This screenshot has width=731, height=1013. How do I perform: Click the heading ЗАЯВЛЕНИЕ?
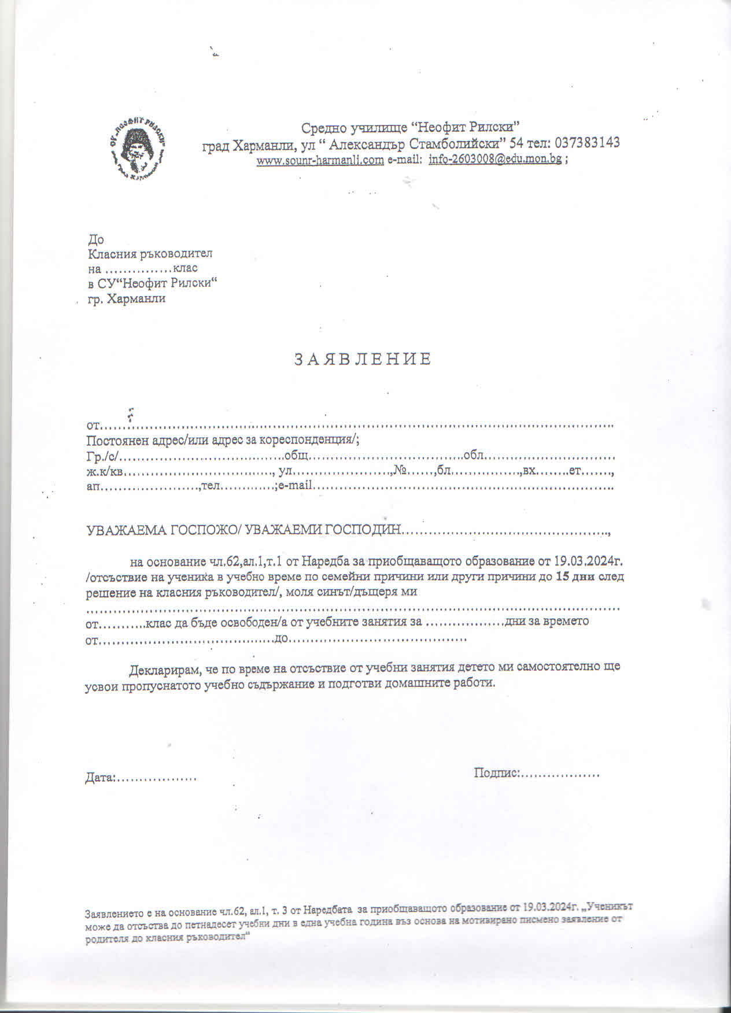point(363,360)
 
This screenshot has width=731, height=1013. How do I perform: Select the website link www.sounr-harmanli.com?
point(320,160)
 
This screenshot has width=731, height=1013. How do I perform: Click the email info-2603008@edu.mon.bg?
point(494,160)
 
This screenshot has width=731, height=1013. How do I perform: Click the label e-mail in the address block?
point(295,486)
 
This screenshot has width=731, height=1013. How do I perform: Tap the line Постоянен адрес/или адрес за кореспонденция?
point(223,440)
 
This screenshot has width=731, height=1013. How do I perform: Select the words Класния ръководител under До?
point(150,254)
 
